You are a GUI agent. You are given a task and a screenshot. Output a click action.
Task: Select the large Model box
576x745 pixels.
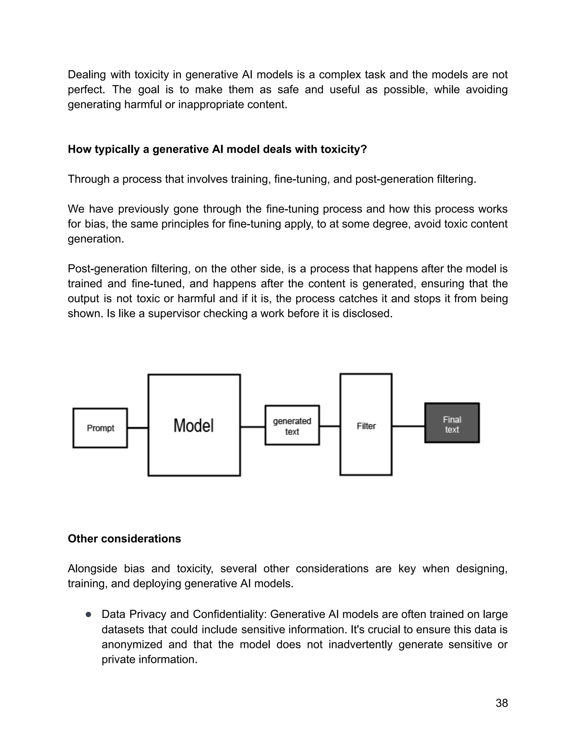(x=194, y=425)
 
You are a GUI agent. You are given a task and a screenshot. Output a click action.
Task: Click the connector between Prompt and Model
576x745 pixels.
(x=138, y=428)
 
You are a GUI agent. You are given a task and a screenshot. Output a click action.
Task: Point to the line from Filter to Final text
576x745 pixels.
(x=408, y=426)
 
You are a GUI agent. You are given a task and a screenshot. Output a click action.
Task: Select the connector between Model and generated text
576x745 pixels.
(x=253, y=427)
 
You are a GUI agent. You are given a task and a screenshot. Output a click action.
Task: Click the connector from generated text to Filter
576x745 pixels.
(x=330, y=426)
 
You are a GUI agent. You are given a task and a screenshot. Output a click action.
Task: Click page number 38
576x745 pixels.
(x=502, y=703)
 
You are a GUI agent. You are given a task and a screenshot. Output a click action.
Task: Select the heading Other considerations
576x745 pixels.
(x=124, y=539)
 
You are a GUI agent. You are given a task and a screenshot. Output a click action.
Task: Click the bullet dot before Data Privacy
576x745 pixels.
(x=88, y=614)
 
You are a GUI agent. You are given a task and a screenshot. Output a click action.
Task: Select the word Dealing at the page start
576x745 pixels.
(x=87, y=75)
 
